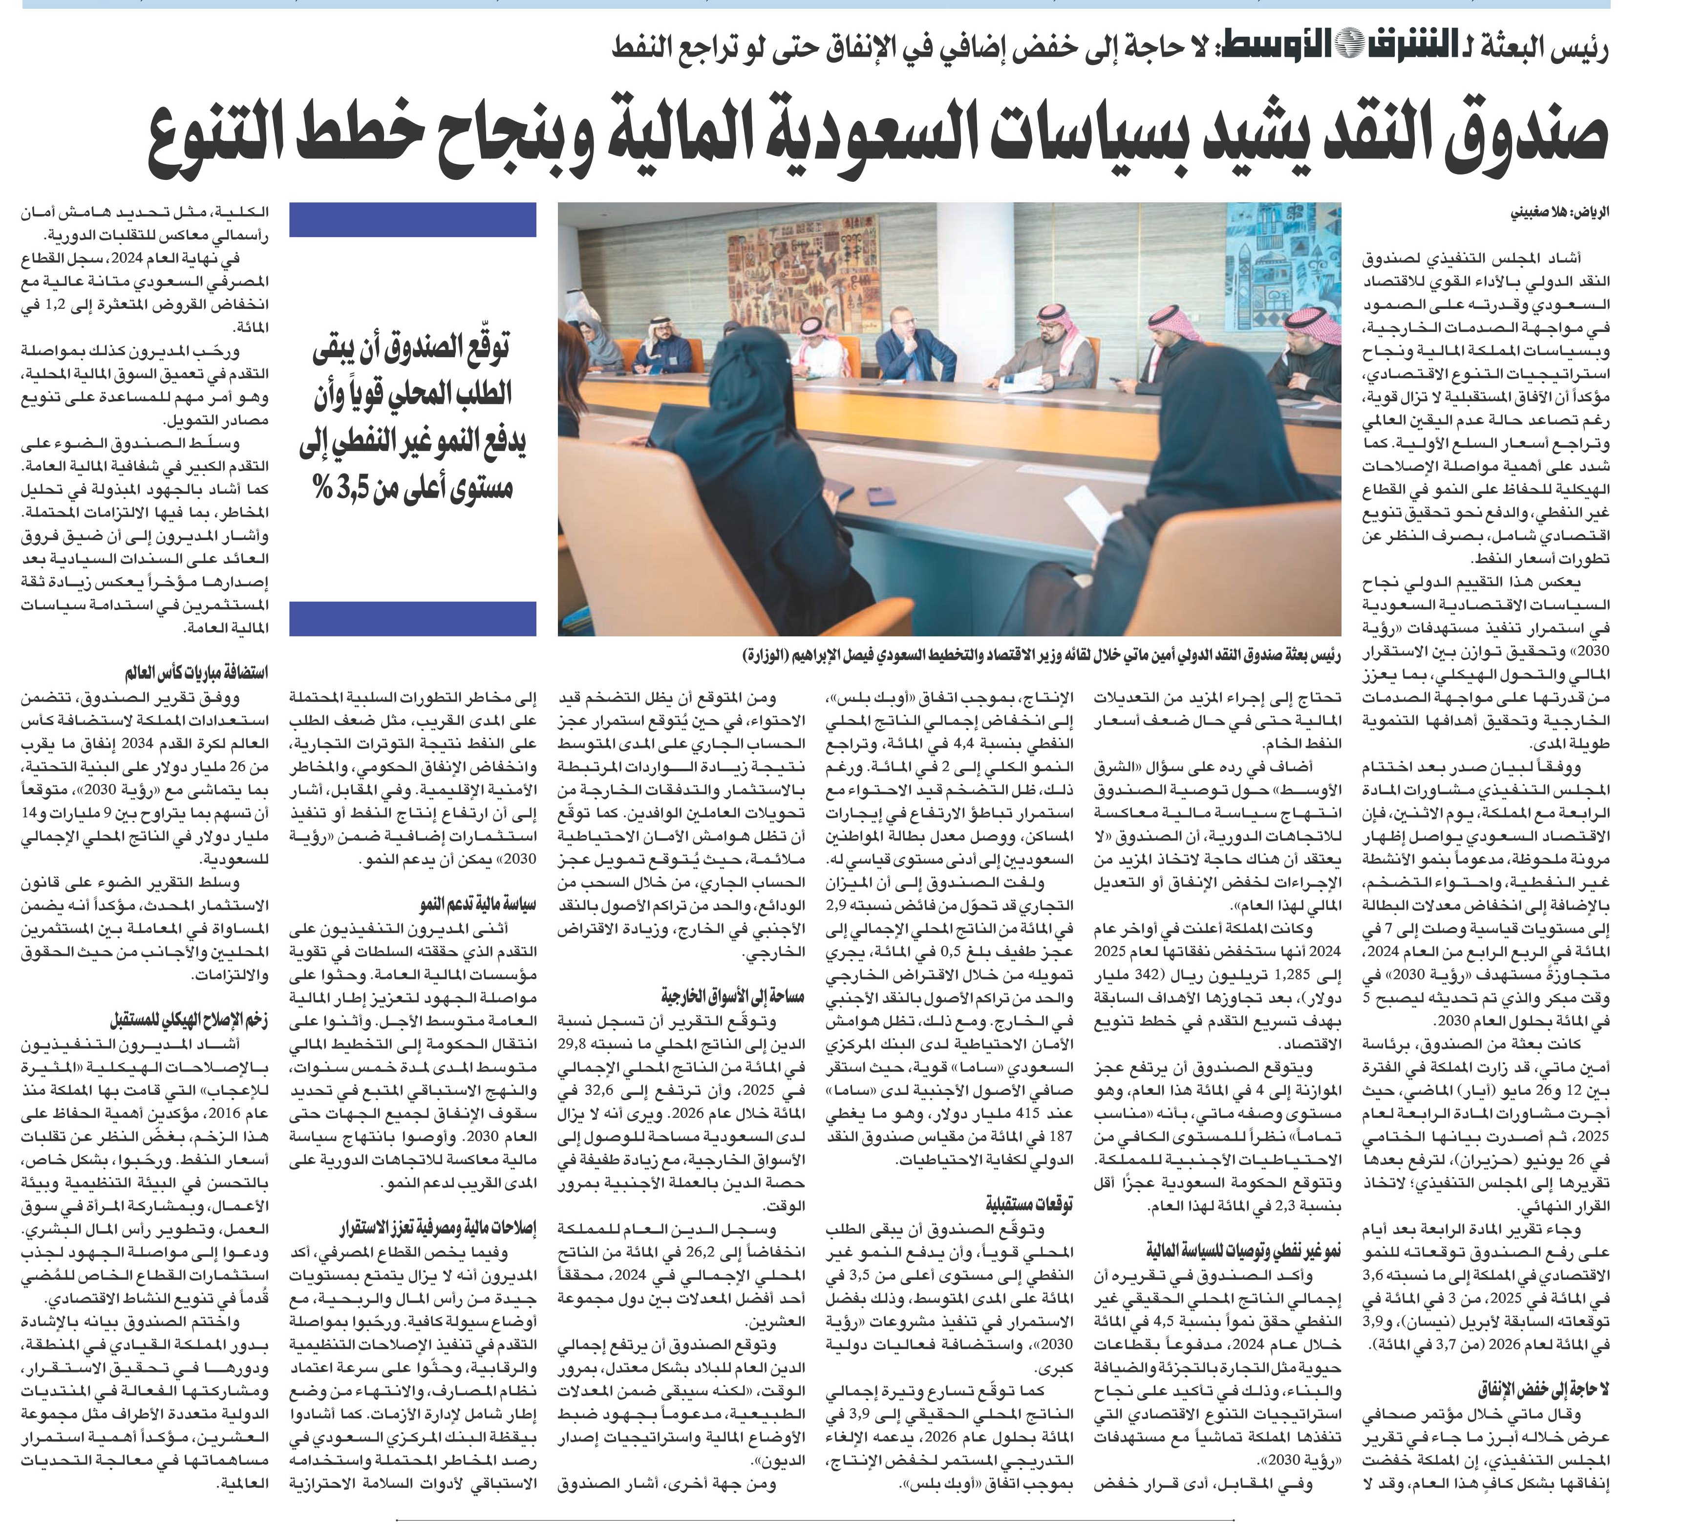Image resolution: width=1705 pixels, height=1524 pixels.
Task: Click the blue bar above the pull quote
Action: click(x=413, y=219)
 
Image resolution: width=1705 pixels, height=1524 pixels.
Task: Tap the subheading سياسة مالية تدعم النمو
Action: click(x=478, y=905)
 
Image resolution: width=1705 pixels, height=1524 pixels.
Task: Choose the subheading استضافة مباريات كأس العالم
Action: click(x=196, y=673)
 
